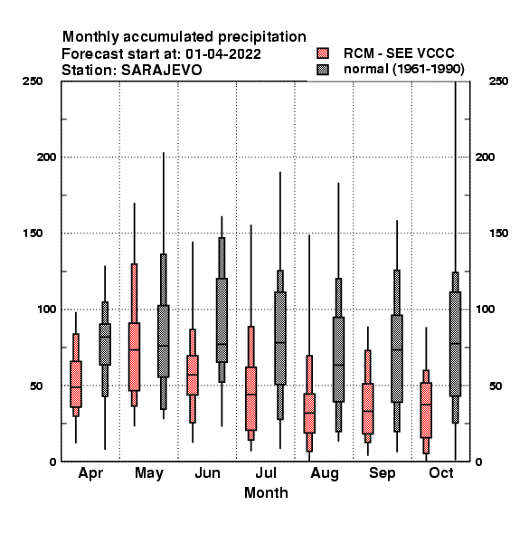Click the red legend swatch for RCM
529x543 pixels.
[323, 53]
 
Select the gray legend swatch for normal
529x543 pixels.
[323, 70]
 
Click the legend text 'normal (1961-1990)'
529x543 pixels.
[403, 70]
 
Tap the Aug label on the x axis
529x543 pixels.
[325, 473]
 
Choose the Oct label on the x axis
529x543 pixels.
[441, 472]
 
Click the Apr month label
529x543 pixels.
[90, 473]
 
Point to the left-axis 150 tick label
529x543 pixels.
[33, 233]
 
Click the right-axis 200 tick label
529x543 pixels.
[485, 157]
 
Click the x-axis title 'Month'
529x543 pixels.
[266, 493]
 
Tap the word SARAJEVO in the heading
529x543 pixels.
[161, 71]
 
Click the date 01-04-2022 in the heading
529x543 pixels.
[223, 54]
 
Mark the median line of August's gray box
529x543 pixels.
[339, 365]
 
